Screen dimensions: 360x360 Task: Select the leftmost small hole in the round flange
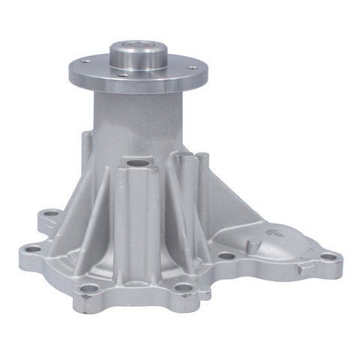(x=85, y=60)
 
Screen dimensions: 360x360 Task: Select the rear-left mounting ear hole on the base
(x=49, y=215)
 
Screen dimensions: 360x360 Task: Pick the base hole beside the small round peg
(x=225, y=256)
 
